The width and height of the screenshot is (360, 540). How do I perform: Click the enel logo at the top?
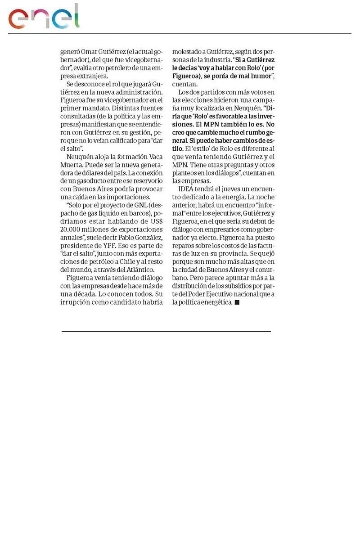point(44,17)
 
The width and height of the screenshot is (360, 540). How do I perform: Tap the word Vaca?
point(153,157)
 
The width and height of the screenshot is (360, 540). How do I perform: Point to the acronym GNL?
point(139,205)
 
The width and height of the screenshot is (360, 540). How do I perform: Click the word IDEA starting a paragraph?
point(187,189)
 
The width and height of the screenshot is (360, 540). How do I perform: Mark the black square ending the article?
point(237,303)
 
